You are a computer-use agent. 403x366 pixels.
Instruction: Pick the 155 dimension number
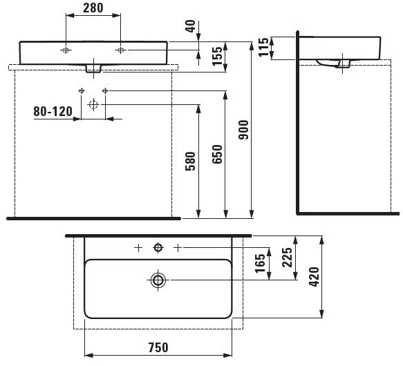216,57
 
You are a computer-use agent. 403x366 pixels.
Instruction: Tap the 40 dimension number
190,26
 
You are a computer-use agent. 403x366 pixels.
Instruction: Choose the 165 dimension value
260,264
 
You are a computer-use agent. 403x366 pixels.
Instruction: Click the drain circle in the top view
158,280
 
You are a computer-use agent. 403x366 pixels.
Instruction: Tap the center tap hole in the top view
158,247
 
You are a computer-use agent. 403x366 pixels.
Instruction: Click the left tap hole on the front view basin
66,50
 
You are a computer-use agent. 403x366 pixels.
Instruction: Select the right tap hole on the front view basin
120,50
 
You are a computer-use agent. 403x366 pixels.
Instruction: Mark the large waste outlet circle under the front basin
93,104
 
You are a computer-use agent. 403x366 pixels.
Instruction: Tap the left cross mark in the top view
138,247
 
